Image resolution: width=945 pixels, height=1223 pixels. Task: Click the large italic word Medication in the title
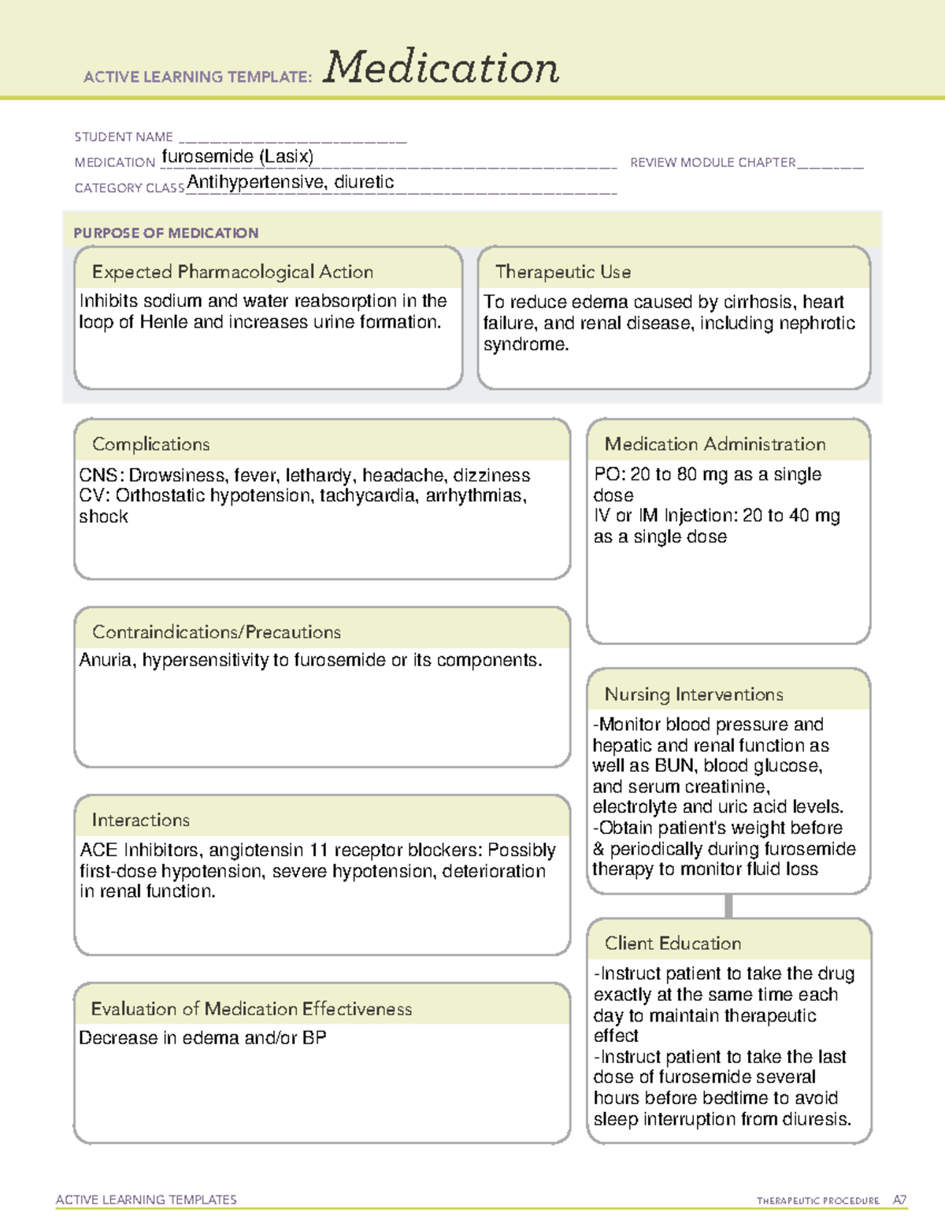(440, 68)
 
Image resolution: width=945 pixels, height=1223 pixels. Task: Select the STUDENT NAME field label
(124, 137)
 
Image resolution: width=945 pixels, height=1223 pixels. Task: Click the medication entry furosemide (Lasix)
(237, 157)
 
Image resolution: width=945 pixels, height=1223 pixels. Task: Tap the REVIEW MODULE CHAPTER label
(713, 162)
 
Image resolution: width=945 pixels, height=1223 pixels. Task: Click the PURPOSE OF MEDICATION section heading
(166, 233)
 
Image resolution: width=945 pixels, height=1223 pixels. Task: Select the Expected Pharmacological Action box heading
(232, 272)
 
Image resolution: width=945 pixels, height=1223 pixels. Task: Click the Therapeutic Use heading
(563, 272)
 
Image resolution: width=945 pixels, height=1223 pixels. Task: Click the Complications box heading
(151, 444)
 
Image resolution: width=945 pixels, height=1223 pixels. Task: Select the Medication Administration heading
(715, 444)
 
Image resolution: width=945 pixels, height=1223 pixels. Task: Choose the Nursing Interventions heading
(694, 695)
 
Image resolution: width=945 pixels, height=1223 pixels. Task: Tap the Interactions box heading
(141, 821)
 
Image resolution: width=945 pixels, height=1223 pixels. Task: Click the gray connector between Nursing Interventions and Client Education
(728, 906)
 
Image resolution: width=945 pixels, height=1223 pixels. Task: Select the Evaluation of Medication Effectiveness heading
(251, 1009)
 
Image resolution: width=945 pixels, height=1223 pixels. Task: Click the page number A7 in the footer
(899, 1200)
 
